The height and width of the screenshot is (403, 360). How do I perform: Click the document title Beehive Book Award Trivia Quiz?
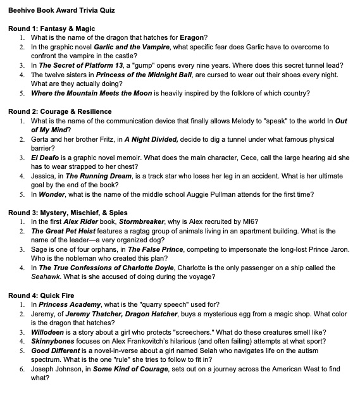62,11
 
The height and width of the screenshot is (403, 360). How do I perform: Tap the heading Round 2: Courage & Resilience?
59,112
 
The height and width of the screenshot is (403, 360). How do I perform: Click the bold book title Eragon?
192,38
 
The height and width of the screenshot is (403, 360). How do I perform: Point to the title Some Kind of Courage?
131,368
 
